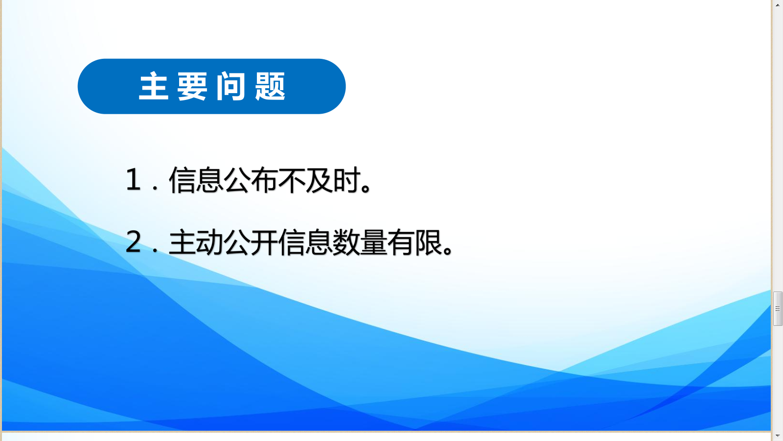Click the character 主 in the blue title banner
click(x=154, y=86)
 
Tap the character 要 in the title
click(x=192, y=86)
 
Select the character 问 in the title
click(x=230, y=86)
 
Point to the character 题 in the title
click(x=270, y=86)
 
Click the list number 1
click(x=133, y=180)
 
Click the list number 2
click(x=133, y=242)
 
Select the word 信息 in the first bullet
click(x=196, y=180)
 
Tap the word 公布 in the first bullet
click(x=251, y=180)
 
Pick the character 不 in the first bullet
click(x=291, y=180)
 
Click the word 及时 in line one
click(x=333, y=180)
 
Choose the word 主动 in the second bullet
click(x=196, y=242)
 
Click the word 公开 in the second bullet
click(x=251, y=242)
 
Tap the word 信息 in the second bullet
click(x=305, y=242)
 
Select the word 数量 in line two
click(x=360, y=242)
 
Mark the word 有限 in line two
click(x=415, y=242)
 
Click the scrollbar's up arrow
click(x=778, y=5)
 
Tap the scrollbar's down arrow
click(x=778, y=436)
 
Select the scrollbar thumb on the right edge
click(x=778, y=309)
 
